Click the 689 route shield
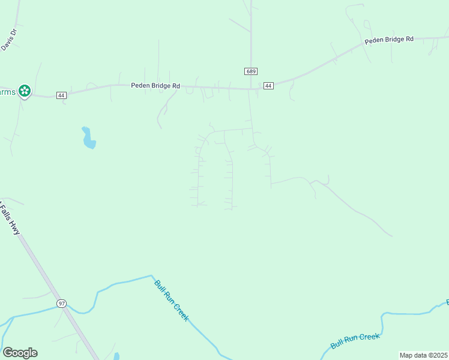pyautogui.click(x=251, y=71)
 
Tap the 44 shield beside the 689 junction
pyautogui.click(x=268, y=86)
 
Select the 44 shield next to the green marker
pyautogui.click(x=61, y=95)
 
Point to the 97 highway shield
pyautogui.click(x=62, y=304)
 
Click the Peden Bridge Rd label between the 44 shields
pyautogui.click(x=155, y=86)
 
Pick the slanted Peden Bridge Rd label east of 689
pyautogui.click(x=389, y=40)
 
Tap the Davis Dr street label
pyautogui.click(x=10, y=38)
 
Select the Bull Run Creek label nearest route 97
pyautogui.click(x=172, y=300)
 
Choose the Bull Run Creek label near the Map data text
pyautogui.click(x=355, y=340)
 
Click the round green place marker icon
pyautogui.click(x=25, y=91)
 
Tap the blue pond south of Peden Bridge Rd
pyautogui.click(x=88, y=138)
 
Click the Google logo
pyautogui.click(x=20, y=353)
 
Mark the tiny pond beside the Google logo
pyautogui.click(x=116, y=356)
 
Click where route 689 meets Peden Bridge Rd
pyautogui.click(x=251, y=89)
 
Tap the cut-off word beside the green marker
pyautogui.click(x=7, y=92)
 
